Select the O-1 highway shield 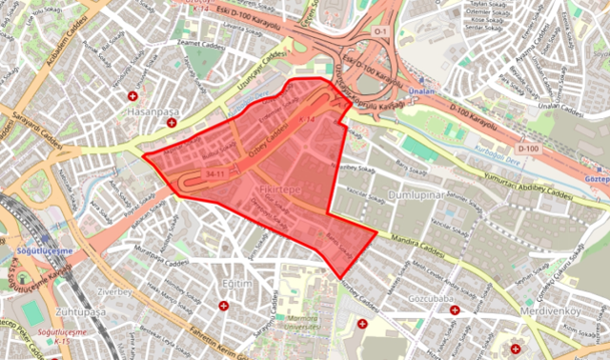pyautogui.click(x=381, y=30)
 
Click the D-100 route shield pyautogui.click(x=528, y=150)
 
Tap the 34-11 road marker pyautogui.click(x=213, y=175)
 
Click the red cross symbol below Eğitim pyautogui.click(x=223, y=306)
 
